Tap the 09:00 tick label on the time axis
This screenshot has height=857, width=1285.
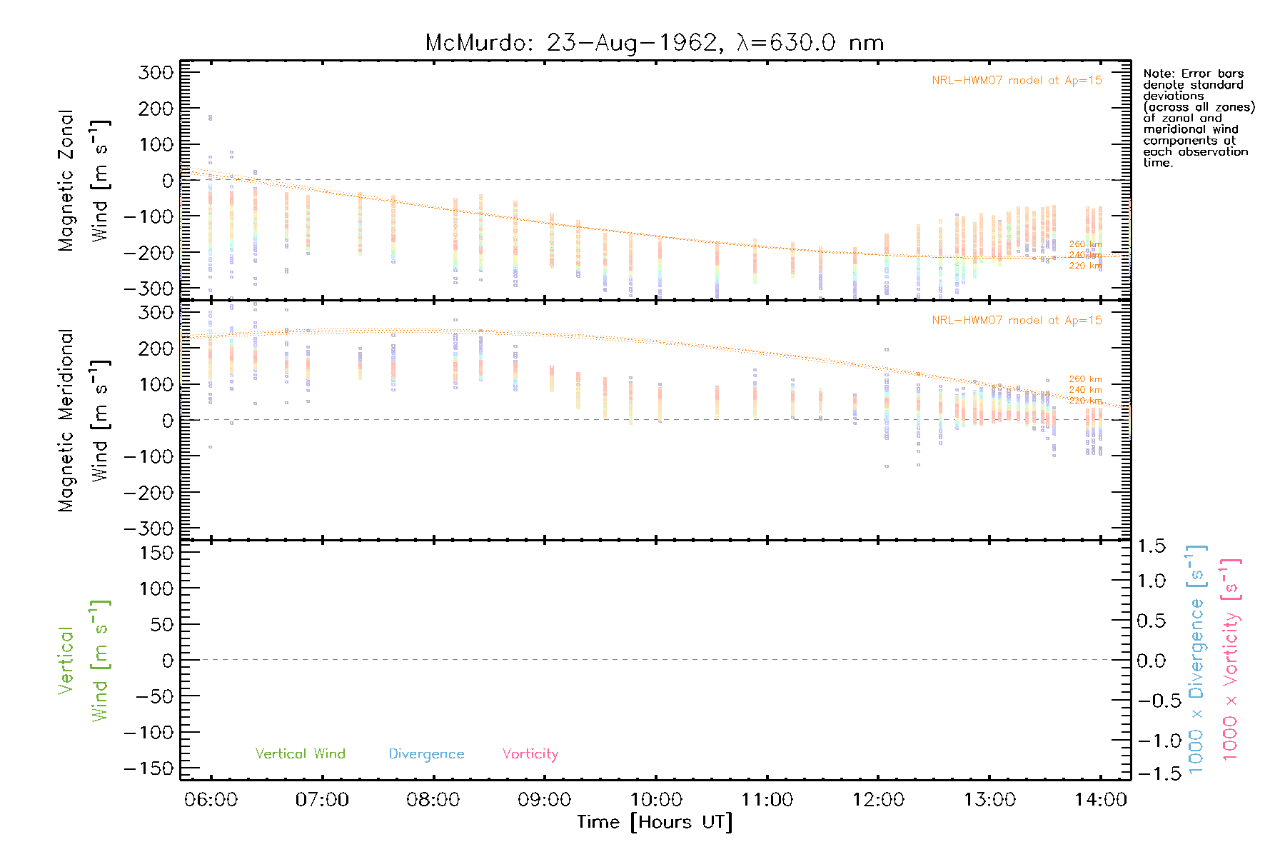coord(544,799)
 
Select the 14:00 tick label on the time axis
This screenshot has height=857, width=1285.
coord(1100,799)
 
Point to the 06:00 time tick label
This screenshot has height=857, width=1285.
coord(211,799)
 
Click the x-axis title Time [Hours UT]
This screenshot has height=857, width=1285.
coord(655,822)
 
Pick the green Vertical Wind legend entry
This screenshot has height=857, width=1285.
coord(300,753)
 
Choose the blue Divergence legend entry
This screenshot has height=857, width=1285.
coord(426,753)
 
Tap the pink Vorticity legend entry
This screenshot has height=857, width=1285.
coord(530,753)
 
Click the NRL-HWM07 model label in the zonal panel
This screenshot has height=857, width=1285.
coord(1017,80)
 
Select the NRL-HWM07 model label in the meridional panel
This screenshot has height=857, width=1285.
coord(1017,320)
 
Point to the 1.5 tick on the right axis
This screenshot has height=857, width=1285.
coord(1151,546)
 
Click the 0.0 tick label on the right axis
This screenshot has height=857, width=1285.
coord(1151,661)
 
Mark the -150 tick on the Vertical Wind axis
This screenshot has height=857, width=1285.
coord(148,768)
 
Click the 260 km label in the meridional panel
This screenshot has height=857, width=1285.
coord(1085,379)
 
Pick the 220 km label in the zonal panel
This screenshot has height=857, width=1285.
coord(1085,266)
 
